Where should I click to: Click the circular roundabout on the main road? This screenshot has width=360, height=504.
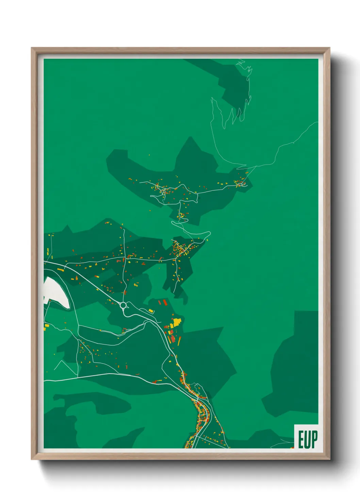(x=123, y=305)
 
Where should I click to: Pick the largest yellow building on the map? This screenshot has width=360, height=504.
(x=177, y=321)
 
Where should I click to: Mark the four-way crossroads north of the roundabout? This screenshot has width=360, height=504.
(x=125, y=258)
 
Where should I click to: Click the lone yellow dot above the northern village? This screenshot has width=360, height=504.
(x=149, y=155)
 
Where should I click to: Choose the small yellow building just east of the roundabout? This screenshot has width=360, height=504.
(x=151, y=311)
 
